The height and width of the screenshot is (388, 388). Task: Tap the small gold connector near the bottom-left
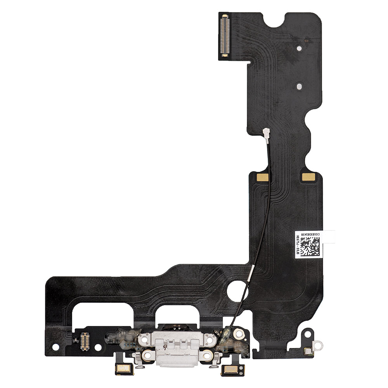(85, 341)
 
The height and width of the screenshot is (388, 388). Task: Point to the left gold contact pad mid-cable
(262, 177)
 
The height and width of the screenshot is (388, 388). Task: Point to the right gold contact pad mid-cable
(308, 177)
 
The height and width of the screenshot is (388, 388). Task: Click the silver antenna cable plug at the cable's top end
(267, 134)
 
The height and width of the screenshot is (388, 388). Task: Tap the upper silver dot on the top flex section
(299, 49)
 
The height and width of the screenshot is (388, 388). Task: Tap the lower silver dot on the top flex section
(299, 87)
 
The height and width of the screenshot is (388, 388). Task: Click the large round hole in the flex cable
(237, 291)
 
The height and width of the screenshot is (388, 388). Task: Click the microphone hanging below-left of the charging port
(125, 369)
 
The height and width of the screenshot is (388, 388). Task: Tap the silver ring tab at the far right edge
(318, 344)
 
